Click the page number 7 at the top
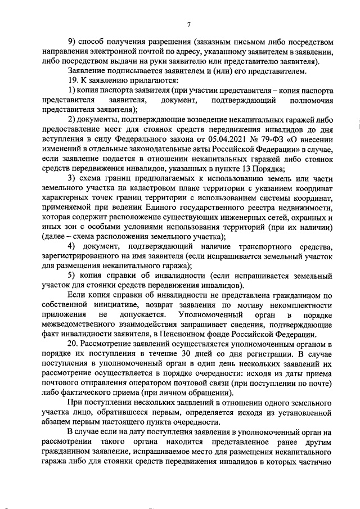point(188,24)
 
